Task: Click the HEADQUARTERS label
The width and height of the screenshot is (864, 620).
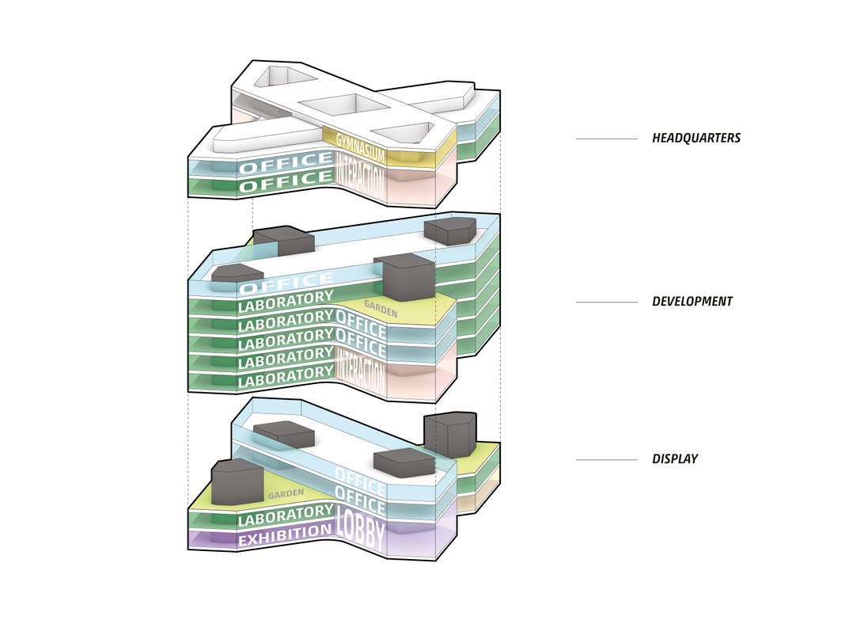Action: pyautogui.click(x=696, y=139)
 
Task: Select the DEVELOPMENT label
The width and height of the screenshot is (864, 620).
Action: pyautogui.click(x=692, y=302)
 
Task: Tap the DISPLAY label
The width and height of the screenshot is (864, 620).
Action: pyautogui.click(x=675, y=459)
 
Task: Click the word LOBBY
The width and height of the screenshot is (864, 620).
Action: pyautogui.click(x=360, y=531)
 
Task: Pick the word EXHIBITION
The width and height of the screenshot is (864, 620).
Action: pyautogui.click(x=285, y=535)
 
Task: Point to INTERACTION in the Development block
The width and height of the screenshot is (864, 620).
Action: pyautogui.click(x=361, y=371)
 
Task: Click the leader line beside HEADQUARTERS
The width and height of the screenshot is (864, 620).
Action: pyautogui.click(x=606, y=139)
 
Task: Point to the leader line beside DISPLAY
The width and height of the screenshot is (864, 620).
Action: pyautogui.click(x=606, y=460)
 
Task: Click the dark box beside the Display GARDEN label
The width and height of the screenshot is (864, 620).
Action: pyautogui.click(x=237, y=484)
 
